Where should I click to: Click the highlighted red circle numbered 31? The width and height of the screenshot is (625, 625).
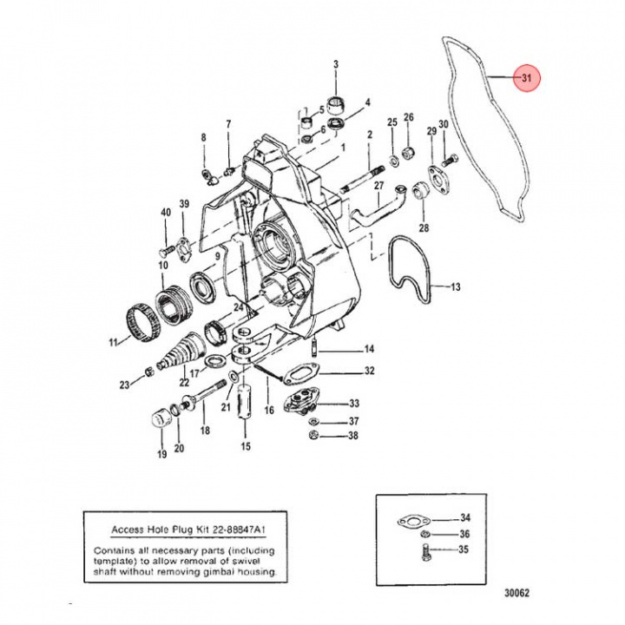(526, 79)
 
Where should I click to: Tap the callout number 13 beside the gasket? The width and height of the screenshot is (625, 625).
(456, 286)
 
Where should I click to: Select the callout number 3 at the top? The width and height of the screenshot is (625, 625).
(337, 64)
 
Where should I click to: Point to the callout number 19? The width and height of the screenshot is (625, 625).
(161, 454)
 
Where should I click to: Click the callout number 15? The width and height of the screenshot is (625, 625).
(246, 447)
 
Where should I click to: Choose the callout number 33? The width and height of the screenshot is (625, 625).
(353, 404)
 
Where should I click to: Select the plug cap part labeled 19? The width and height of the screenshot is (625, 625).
(160, 419)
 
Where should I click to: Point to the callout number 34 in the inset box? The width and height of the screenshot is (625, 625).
(465, 517)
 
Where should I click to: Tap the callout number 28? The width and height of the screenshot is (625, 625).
(424, 228)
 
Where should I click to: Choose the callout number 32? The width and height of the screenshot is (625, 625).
(369, 371)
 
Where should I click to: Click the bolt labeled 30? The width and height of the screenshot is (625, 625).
(450, 161)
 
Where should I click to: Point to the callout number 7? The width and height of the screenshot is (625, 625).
(228, 124)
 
